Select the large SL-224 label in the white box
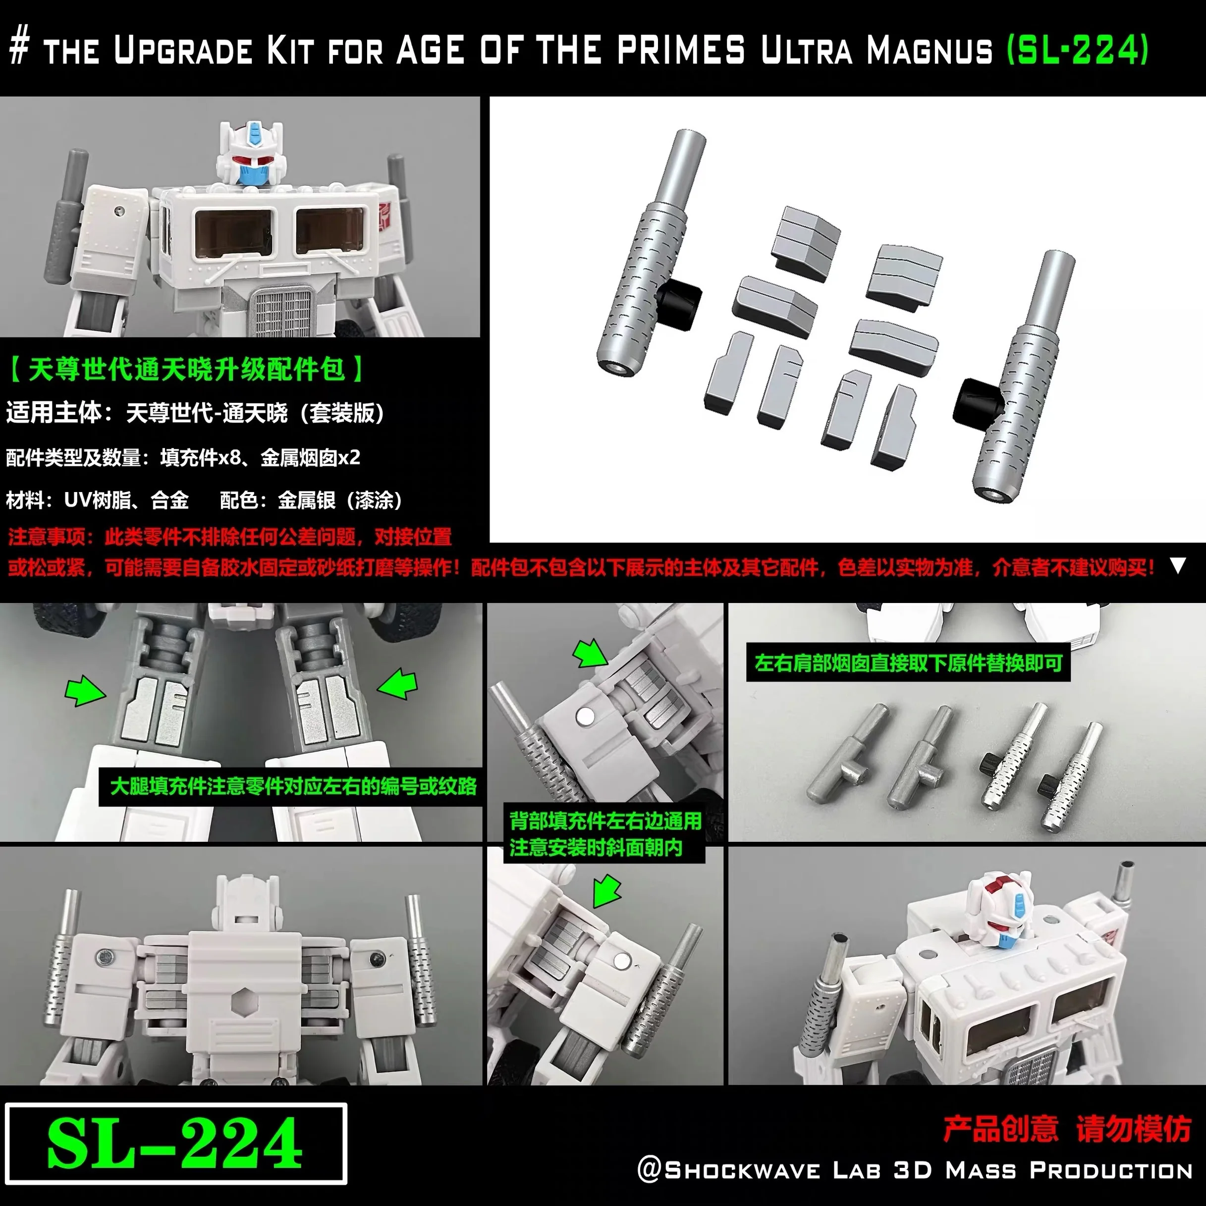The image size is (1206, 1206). coord(175,1143)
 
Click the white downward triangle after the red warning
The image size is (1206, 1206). coord(1177,565)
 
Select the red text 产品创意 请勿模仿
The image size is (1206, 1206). coord(1067,1129)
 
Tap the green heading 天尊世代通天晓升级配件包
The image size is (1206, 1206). coord(186,369)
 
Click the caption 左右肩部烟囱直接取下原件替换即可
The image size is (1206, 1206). coord(908,663)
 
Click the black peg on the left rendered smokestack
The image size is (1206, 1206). coord(680,302)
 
